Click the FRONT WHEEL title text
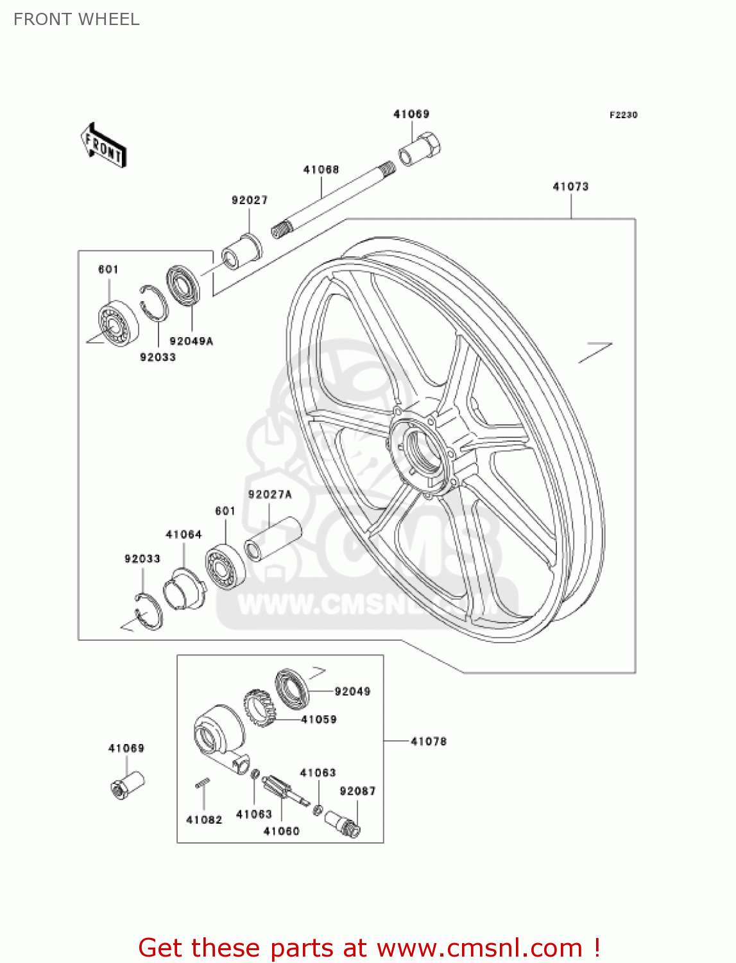76,19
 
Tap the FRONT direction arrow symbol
103,146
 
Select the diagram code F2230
623,115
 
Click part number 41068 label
321,169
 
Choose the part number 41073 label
570,187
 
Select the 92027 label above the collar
250,200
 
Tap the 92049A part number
191,342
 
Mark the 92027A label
270,494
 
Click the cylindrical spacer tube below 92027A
273,539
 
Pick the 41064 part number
184,534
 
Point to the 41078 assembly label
428,742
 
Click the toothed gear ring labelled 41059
259,708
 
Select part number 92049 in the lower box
352,691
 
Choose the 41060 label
281,831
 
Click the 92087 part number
357,791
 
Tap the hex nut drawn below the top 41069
420,149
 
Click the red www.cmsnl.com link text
479,948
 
